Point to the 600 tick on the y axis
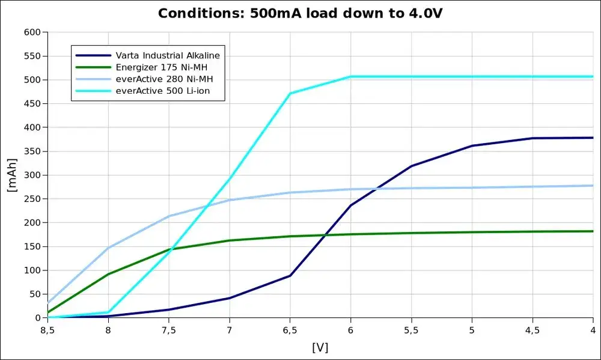(x=31, y=32)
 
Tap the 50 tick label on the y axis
(x=34, y=294)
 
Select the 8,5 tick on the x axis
(x=48, y=329)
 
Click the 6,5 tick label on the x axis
(x=290, y=329)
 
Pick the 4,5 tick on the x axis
(x=532, y=329)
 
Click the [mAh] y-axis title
(x=11, y=175)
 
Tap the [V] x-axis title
(x=320, y=347)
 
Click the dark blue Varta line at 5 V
(x=472, y=145)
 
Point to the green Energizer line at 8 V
(x=108, y=274)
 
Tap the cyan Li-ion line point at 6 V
(x=350, y=76)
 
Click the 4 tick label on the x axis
(x=593, y=329)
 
